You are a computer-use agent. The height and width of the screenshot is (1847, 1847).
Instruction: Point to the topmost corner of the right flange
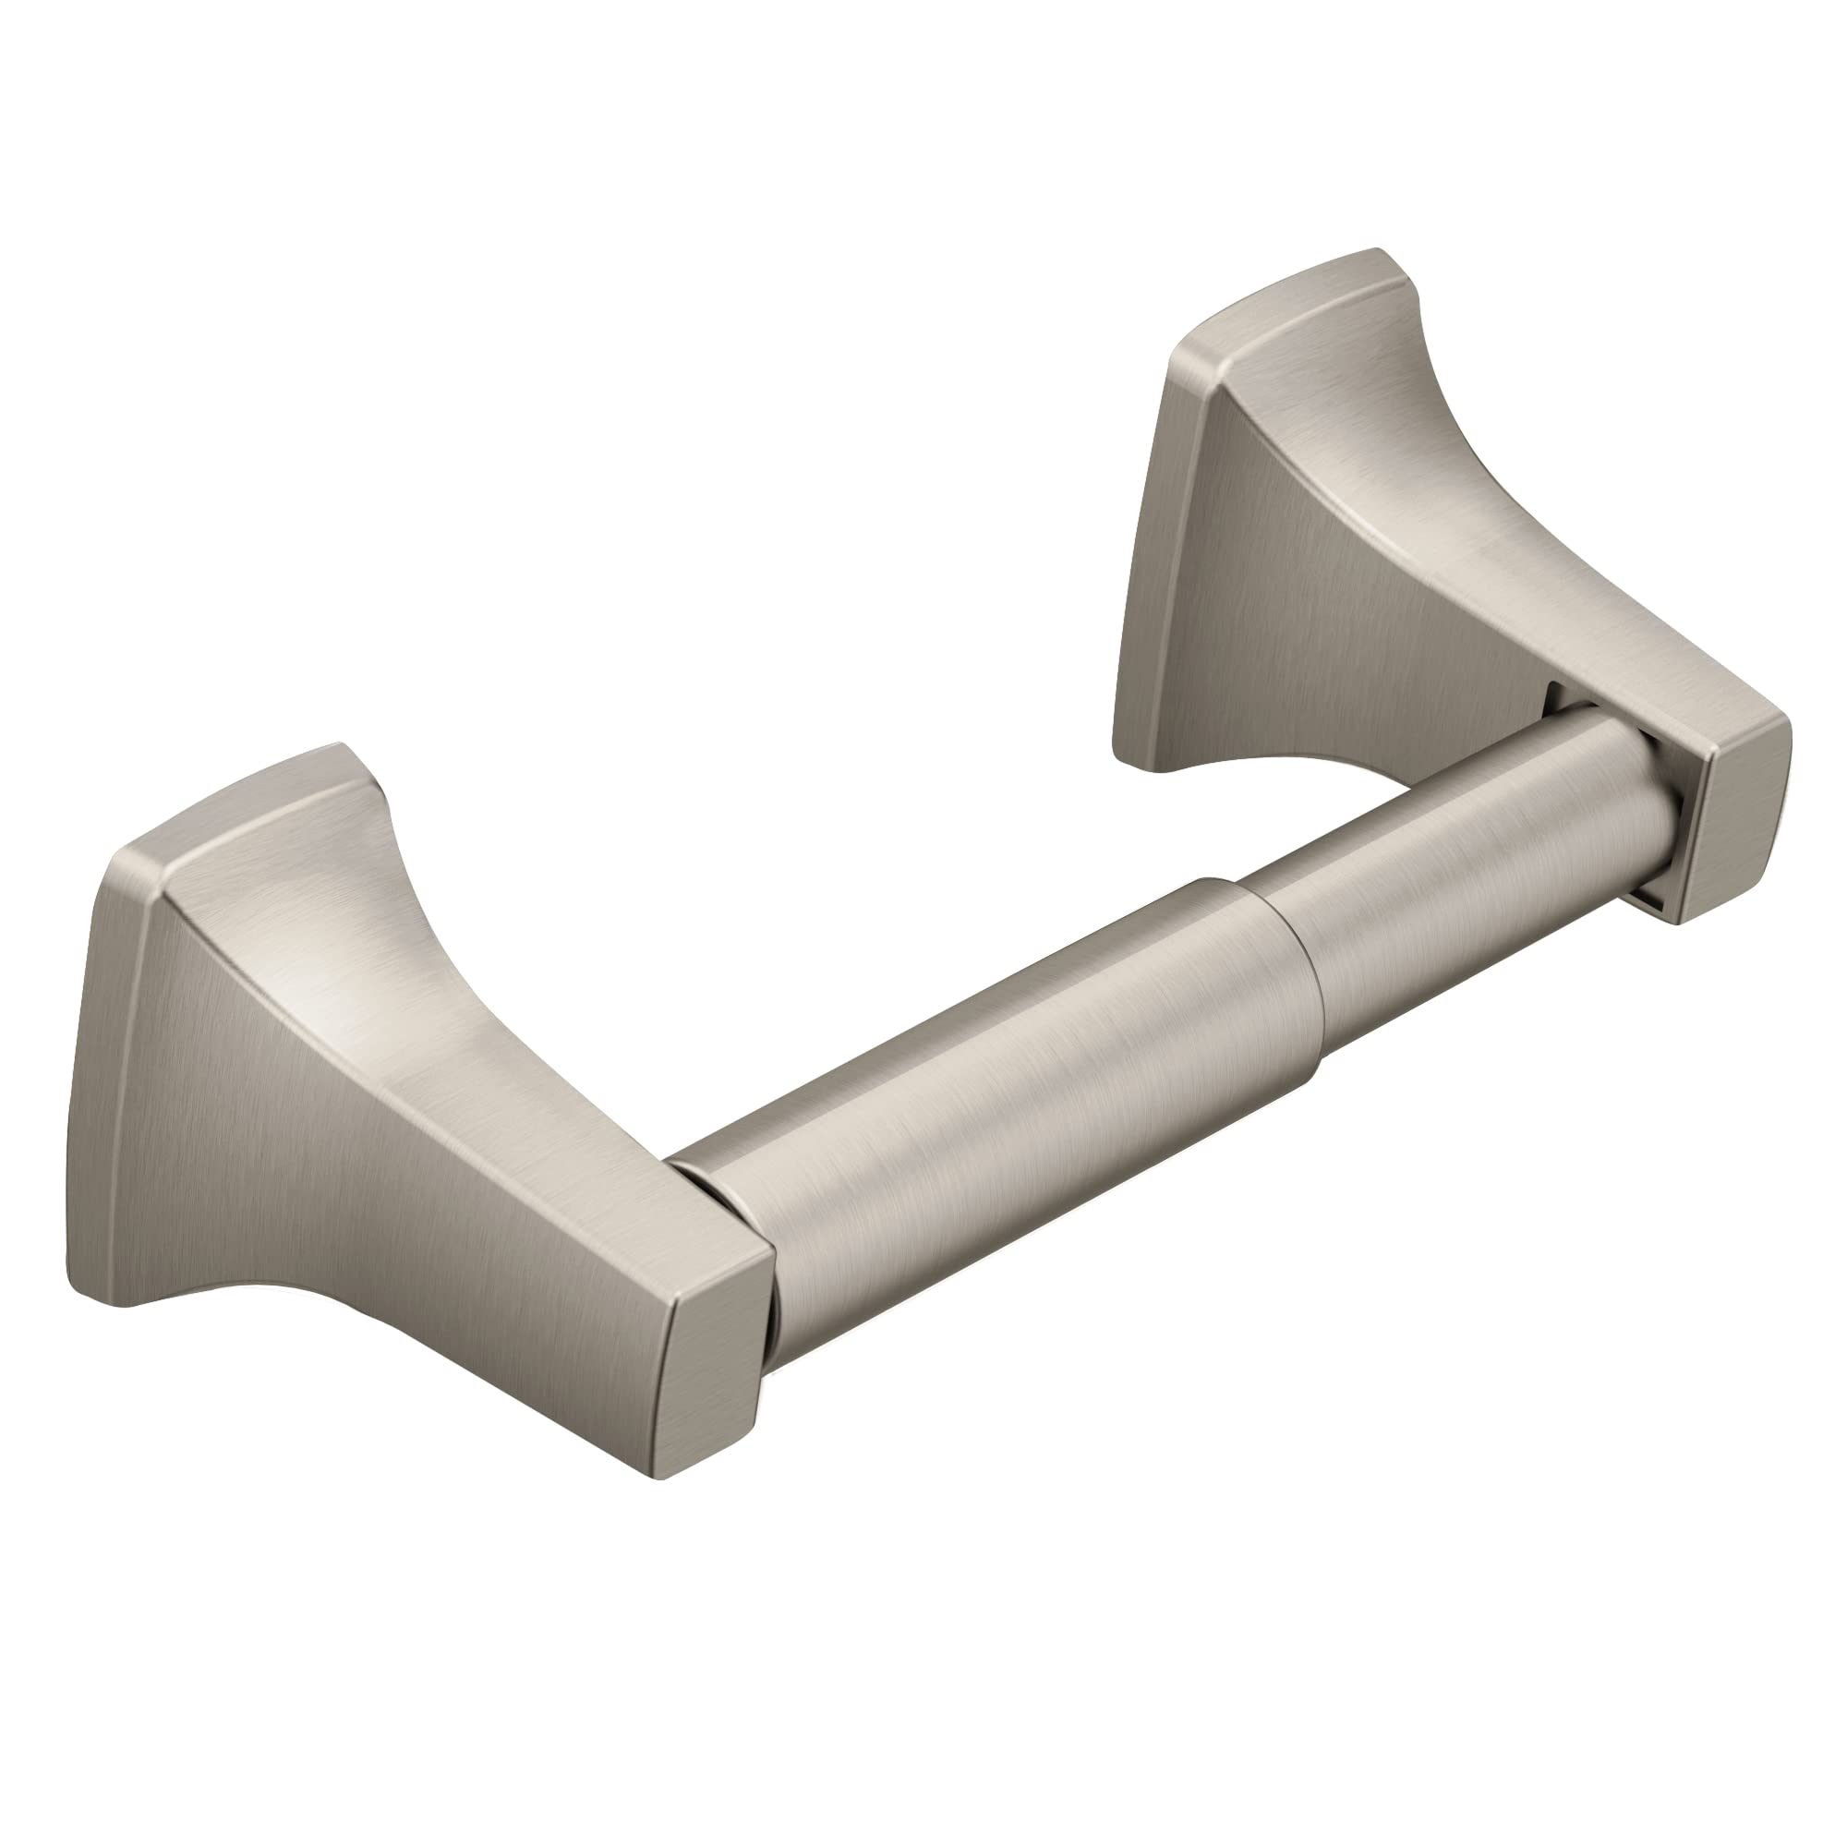(1377, 250)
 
